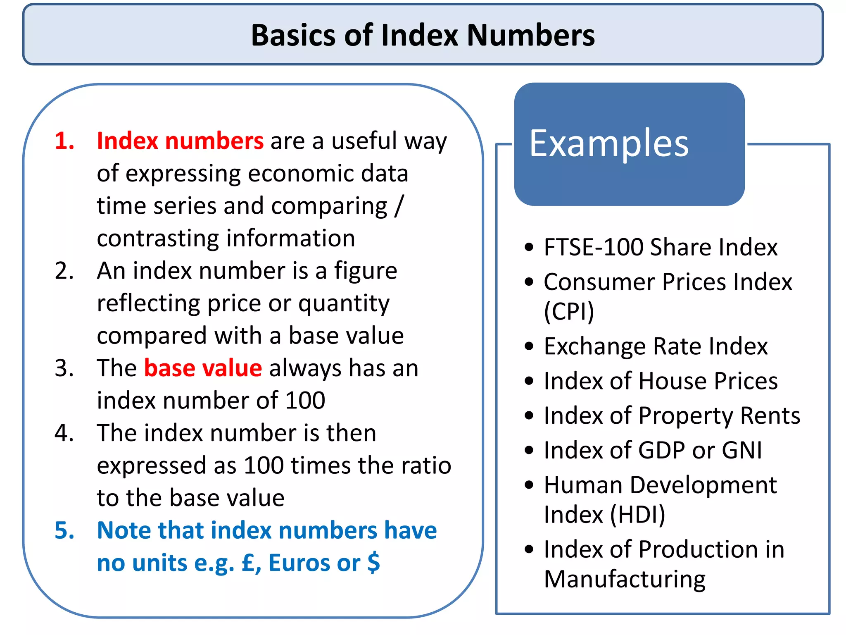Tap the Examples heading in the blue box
pos(609,143)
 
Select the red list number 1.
pos(64,141)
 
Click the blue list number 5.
pos(64,530)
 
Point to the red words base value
pos(203,368)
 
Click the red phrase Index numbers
pos(180,141)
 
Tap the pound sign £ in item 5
pos(249,562)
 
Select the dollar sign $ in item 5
pos(373,562)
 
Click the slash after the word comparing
pos(399,206)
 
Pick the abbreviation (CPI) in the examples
pos(569,311)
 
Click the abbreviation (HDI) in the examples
pos(638,515)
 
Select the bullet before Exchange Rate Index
pos(529,346)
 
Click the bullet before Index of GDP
pos(529,450)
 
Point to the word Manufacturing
pos(625,579)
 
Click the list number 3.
pos(64,368)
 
